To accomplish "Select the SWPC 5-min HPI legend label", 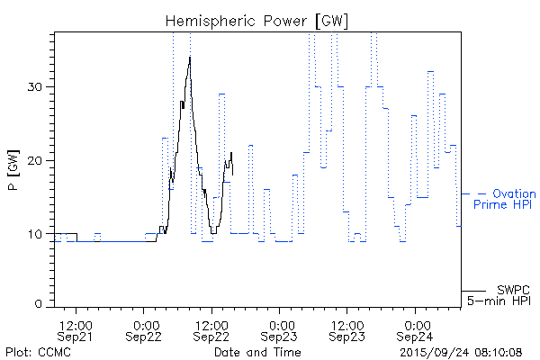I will pos(499,294).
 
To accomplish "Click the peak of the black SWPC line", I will pos(190,58).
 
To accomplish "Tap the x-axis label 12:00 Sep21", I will pos(76,330).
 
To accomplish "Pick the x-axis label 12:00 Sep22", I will pos(212,330).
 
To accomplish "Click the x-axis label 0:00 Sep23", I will pos(280,330).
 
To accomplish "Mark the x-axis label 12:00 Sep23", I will pos(347,330).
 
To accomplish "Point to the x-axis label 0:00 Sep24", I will pos(415,330).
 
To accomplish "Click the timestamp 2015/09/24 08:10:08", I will pos(461,351).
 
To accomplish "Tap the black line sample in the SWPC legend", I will pos(473,291).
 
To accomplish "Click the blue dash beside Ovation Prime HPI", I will pos(481,193).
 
